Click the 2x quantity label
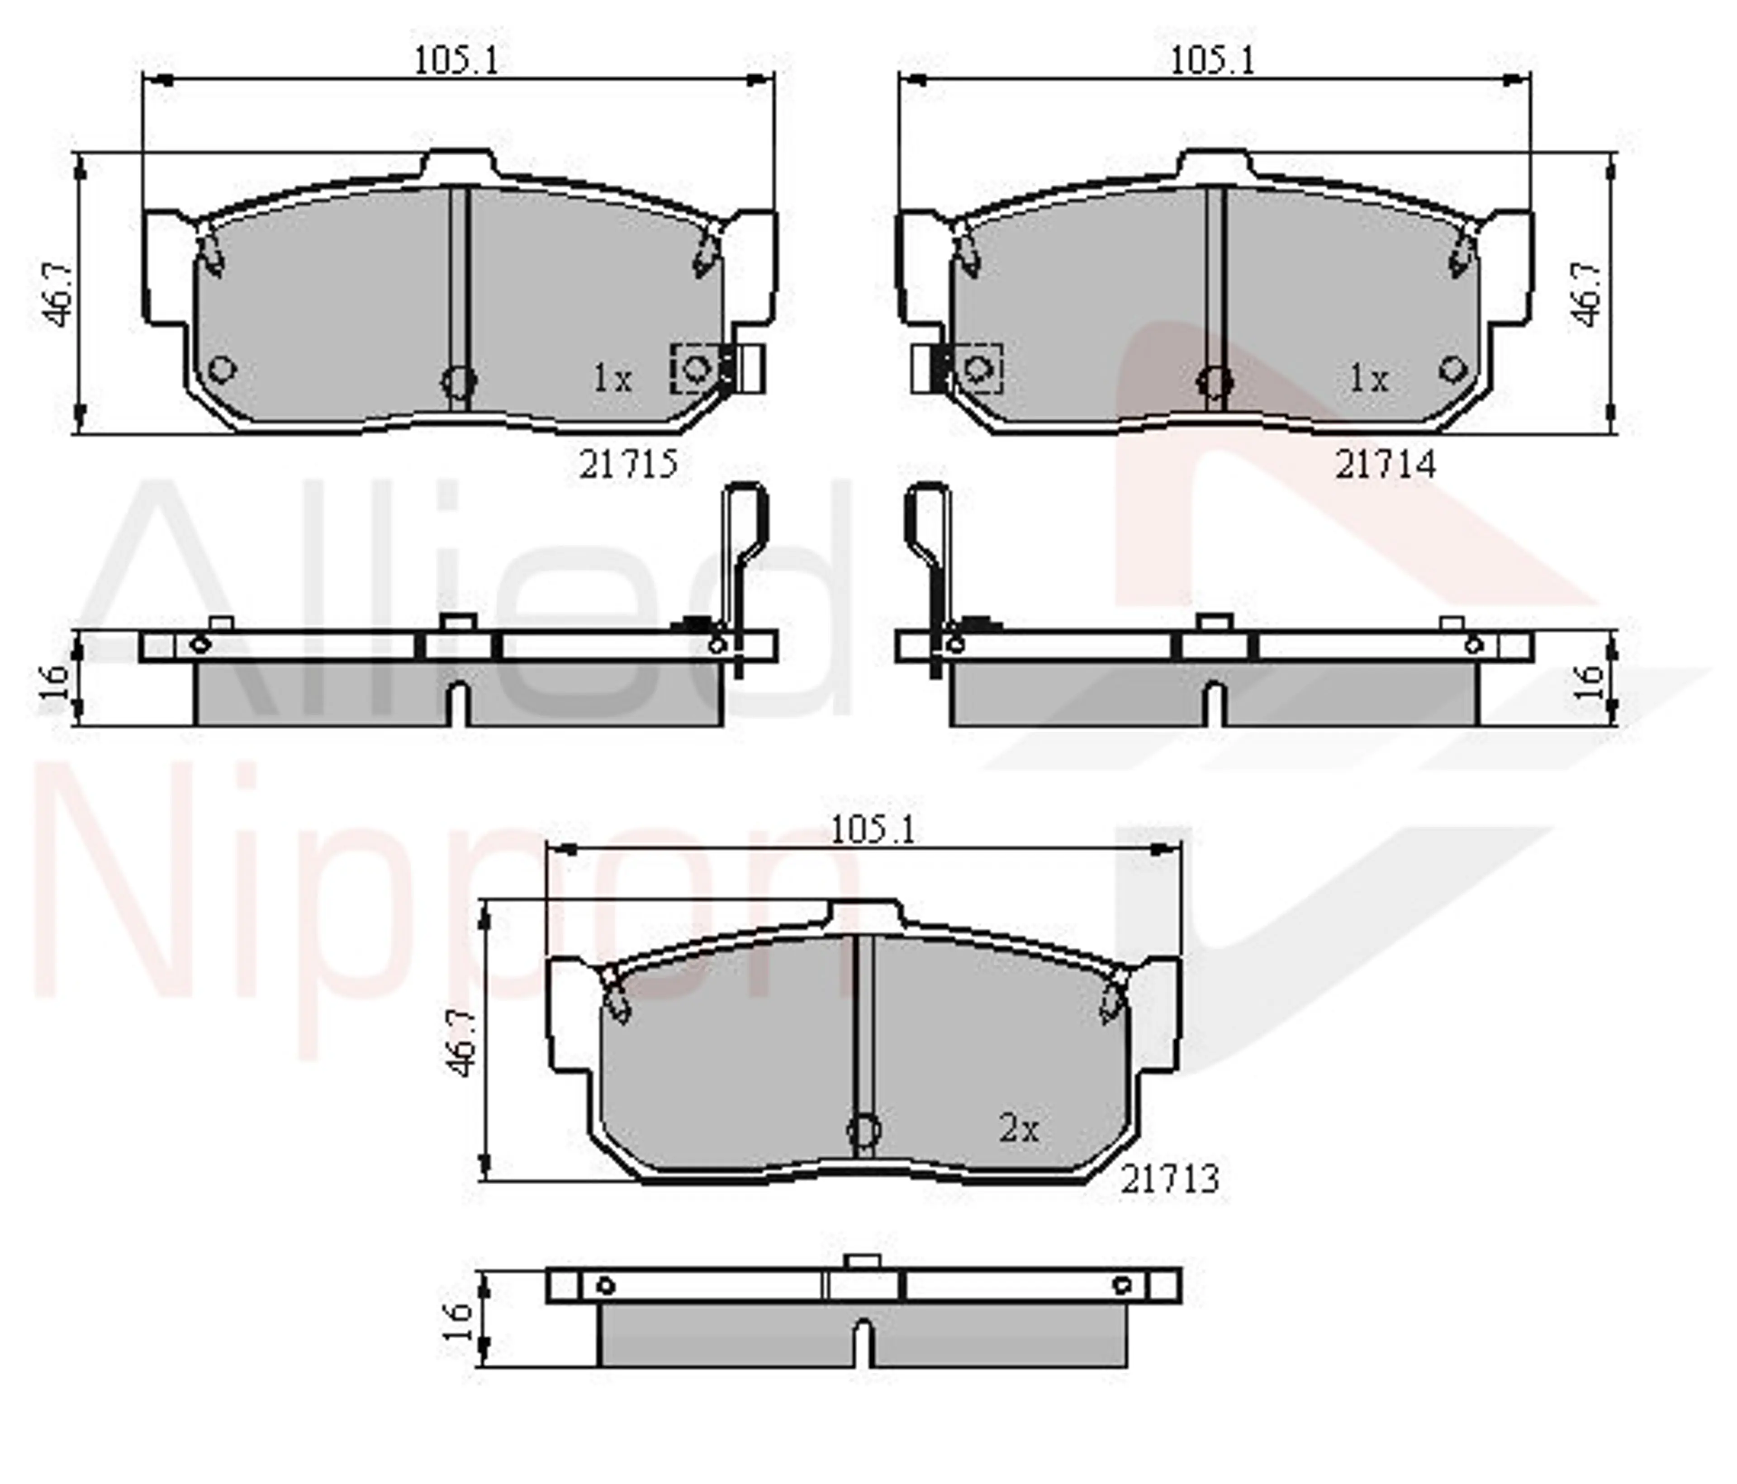1019,1128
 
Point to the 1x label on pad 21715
612,379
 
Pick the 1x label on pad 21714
1368,379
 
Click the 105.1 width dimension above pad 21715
456,60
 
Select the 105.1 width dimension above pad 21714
1212,60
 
